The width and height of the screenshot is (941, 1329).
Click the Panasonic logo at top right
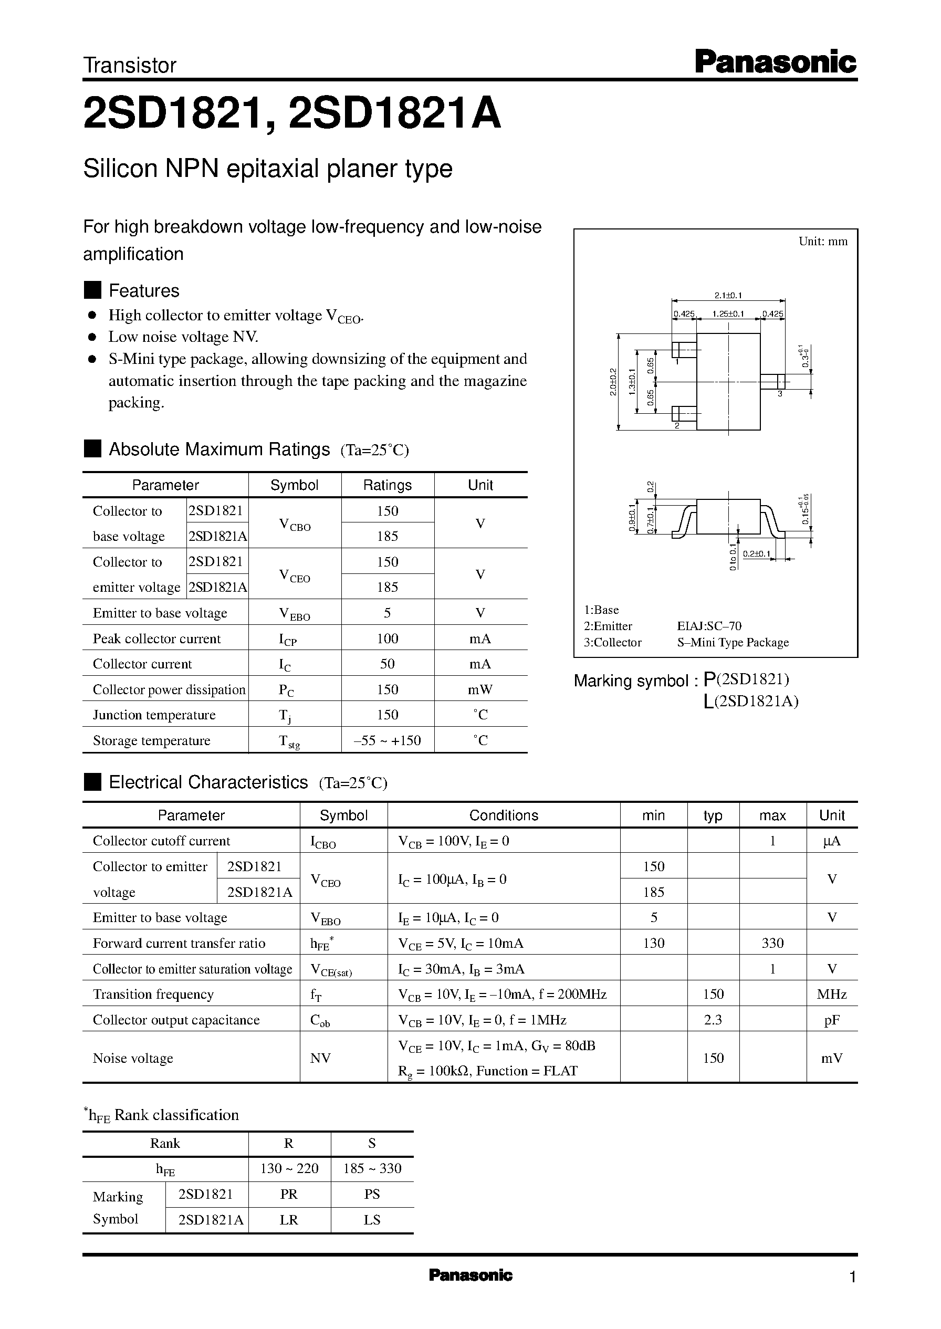tap(775, 62)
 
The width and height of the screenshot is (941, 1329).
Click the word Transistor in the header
tap(130, 66)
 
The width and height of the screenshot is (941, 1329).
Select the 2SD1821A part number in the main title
tap(394, 113)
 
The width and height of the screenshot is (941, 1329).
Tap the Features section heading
tap(144, 290)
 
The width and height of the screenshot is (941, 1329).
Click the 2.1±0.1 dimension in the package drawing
tap(728, 296)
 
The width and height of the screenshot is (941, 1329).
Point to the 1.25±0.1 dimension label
tap(728, 314)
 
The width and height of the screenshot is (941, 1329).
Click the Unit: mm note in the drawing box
tap(822, 242)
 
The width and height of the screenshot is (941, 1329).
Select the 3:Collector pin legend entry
tap(612, 642)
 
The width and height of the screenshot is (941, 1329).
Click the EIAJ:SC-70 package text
tap(709, 626)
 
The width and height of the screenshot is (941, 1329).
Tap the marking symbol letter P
tap(709, 679)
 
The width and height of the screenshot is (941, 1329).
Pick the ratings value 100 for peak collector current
tap(387, 639)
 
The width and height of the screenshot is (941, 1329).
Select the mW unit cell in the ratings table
tap(480, 689)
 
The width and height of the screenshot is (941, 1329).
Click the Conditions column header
tap(503, 815)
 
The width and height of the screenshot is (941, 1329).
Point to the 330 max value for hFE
tap(772, 943)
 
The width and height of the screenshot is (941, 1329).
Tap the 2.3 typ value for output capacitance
tap(713, 1020)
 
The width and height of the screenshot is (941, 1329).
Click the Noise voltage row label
tap(133, 1058)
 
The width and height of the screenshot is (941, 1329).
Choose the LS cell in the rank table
tap(371, 1219)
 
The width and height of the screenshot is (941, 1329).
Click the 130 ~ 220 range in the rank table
tap(289, 1168)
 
